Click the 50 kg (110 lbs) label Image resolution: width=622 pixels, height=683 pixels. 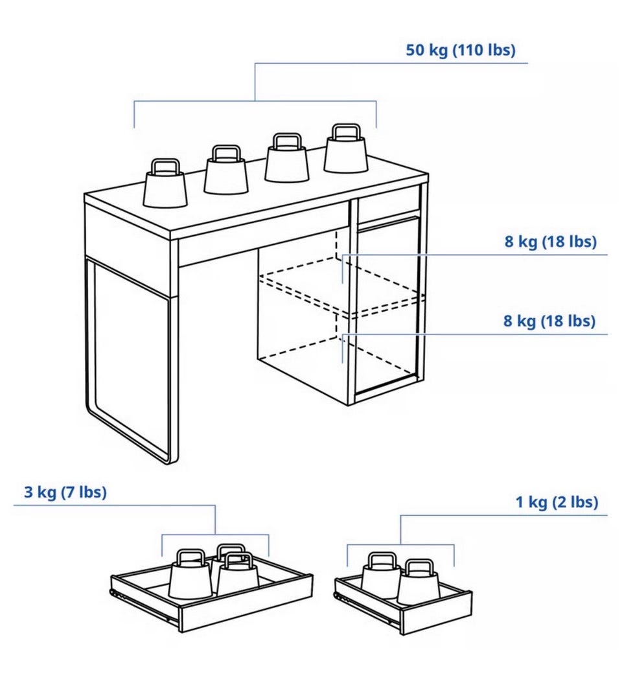[461, 50]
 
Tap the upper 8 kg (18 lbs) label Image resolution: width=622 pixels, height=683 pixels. [551, 241]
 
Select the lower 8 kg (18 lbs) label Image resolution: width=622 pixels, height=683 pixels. [549, 321]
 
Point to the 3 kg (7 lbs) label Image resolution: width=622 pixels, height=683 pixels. [65, 492]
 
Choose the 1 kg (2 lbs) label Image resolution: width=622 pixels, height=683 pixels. [557, 502]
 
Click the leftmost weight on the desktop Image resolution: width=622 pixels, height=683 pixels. [165, 183]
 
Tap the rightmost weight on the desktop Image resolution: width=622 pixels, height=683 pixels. [346, 148]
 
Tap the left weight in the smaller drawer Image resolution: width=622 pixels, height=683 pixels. [380, 575]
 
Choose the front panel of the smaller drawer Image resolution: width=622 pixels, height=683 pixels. [435, 612]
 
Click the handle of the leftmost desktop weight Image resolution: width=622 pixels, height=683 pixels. [165, 166]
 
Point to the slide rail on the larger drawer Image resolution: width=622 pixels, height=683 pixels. [144, 605]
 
